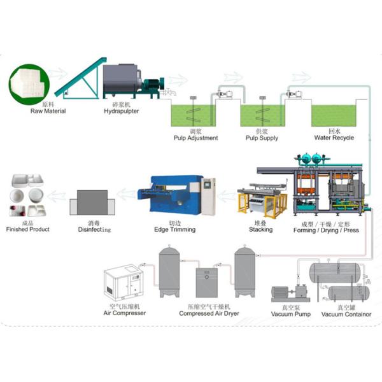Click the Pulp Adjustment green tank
[195, 115]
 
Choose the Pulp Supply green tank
[261, 115]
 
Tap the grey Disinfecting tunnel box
[93, 202]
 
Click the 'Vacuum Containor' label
[346, 313]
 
